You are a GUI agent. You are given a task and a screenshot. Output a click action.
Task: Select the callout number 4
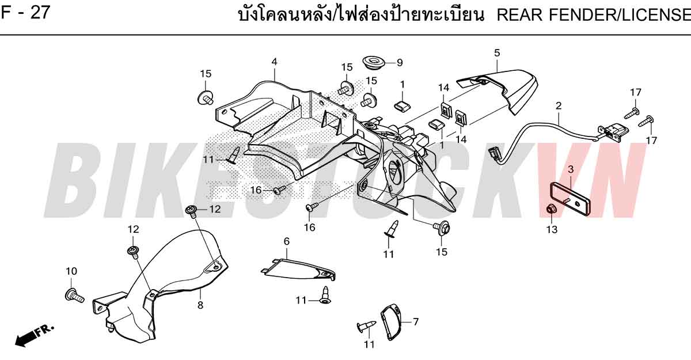pyautogui.click(x=274, y=62)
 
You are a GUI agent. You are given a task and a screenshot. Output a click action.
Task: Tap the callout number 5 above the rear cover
pyautogui.click(x=496, y=53)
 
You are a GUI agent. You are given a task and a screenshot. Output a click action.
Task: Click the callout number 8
pyautogui.click(x=200, y=305)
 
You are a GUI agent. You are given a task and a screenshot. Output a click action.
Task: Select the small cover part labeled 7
pyautogui.click(x=391, y=321)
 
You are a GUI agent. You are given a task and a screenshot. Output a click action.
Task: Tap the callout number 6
pyautogui.click(x=287, y=241)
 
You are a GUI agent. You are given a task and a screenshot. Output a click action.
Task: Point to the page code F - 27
pyautogui.click(x=25, y=13)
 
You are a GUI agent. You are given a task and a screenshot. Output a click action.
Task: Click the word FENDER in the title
pyautogui.click(x=583, y=15)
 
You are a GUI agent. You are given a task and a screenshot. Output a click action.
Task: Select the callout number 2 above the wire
pyautogui.click(x=559, y=106)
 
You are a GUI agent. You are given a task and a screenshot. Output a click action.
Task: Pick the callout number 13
pyautogui.click(x=552, y=230)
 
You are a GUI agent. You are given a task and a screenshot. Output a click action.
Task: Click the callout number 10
pyautogui.click(x=71, y=271)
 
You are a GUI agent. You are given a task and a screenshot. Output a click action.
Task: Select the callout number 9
pyautogui.click(x=400, y=63)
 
